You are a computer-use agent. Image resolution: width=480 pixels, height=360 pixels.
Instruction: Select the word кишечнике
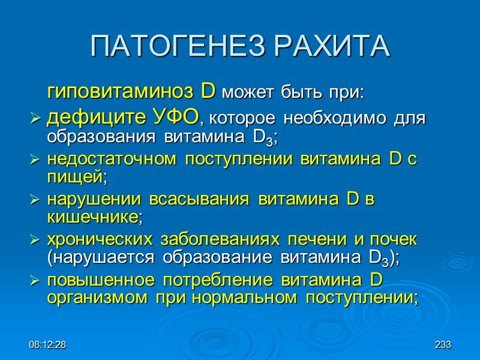(x=92, y=218)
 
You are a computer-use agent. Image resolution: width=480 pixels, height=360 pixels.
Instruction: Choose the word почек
(x=397, y=241)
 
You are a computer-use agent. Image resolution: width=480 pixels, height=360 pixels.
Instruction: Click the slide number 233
(x=443, y=346)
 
